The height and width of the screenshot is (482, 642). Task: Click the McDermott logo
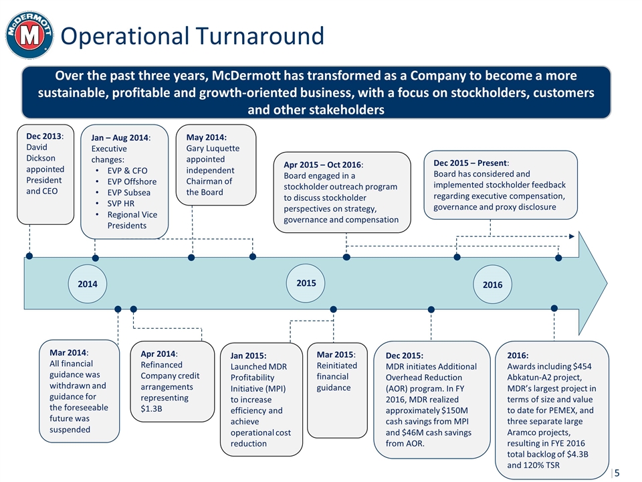point(29,35)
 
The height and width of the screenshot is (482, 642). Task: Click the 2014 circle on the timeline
point(88,284)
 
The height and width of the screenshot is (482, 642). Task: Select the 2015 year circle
point(306,282)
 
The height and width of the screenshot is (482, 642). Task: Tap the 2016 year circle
point(492,285)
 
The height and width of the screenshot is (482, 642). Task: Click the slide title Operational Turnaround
point(193,36)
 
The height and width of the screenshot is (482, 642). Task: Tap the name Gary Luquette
point(213,148)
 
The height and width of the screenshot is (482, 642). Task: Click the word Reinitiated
point(337,366)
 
